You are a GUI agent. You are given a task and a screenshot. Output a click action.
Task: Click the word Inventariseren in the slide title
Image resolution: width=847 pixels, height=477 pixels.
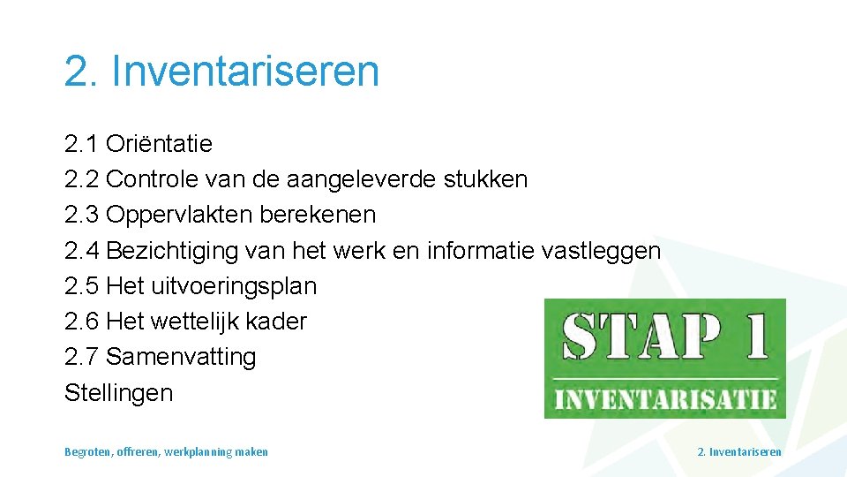tap(245, 71)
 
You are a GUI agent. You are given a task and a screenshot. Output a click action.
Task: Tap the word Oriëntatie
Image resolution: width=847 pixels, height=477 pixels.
tap(159, 144)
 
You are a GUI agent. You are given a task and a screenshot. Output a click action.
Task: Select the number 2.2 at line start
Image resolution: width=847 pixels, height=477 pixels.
tap(81, 179)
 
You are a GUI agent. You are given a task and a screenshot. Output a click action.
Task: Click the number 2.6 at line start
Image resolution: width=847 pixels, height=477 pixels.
tap(81, 322)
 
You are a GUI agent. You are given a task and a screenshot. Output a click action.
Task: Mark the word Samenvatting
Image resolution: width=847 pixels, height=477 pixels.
tap(181, 357)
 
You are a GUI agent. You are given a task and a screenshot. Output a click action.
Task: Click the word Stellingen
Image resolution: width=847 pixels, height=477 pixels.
tap(118, 393)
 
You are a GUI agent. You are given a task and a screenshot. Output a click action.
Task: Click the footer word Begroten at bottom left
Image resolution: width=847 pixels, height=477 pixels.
tap(87, 452)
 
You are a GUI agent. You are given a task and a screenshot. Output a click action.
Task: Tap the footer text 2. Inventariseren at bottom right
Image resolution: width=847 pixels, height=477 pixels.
tap(738, 452)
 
